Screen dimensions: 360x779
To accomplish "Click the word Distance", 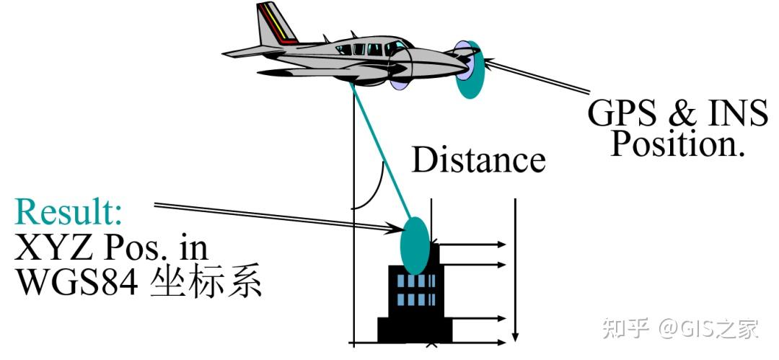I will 478,160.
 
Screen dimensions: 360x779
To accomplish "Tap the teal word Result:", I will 69,212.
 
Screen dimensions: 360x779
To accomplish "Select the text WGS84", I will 76,284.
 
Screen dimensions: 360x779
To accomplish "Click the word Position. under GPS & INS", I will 677,144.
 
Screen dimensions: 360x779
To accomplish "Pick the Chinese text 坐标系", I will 206,284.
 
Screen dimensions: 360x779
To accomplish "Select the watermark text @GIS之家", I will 708,329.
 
